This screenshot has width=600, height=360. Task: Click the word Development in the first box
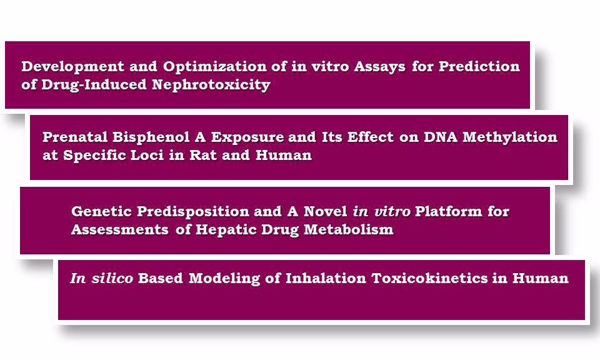[72, 67]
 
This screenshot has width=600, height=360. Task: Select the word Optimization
[214, 67]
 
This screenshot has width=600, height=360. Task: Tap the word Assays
[379, 67]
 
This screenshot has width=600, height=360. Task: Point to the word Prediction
[479, 66]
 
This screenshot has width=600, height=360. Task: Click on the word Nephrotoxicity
[211, 85]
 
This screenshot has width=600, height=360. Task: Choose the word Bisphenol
[151, 137]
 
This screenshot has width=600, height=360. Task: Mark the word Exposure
[247, 137]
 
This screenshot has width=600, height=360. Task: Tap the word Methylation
[510, 137]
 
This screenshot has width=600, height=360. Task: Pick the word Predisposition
[193, 212]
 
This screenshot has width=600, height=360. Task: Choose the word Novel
[325, 211]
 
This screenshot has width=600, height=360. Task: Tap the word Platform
[449, 211]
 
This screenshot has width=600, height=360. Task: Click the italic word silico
[112, 278]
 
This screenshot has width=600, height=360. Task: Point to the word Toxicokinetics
[430, 278]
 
